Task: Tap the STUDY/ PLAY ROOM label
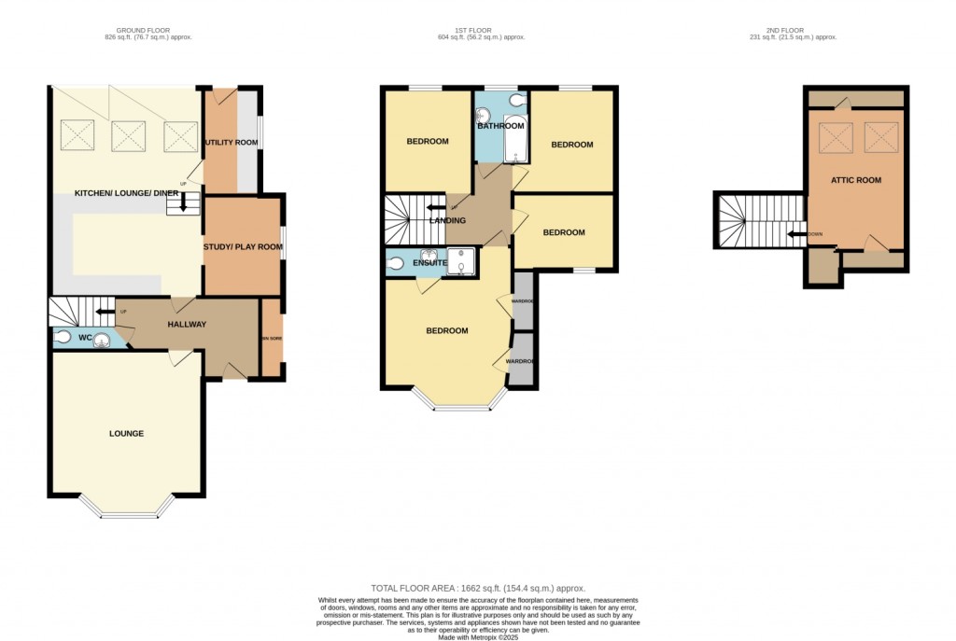click(242, 246)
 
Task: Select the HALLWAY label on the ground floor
click(186, 324)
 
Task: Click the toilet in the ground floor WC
click(63, 337)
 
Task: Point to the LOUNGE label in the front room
click(125, 433)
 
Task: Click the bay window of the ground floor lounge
click(127, 509)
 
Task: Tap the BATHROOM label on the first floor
click(501, 125)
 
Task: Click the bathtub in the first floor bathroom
click(514, 143)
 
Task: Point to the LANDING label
click(446, 220)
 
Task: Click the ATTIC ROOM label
click(855, 179)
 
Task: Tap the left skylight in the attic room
click(836, 138)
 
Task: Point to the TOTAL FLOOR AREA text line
click(477, 588)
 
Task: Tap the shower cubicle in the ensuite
click(461, 262)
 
